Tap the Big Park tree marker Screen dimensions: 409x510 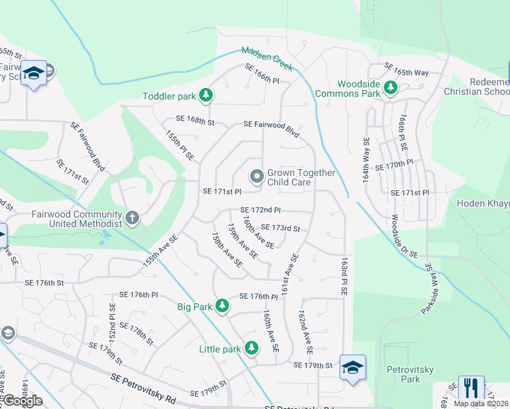tap(222, 307)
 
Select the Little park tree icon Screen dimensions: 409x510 tap(252, 348)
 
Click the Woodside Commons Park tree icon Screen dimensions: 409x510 tap(390, 88)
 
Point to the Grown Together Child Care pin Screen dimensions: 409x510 tap(256, 177)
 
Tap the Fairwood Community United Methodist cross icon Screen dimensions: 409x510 tap(132, 218)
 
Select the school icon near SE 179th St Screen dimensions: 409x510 tap(352, 367)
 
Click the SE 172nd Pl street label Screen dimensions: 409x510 tap(260, 210)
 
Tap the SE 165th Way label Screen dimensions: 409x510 tap(406, 68)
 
